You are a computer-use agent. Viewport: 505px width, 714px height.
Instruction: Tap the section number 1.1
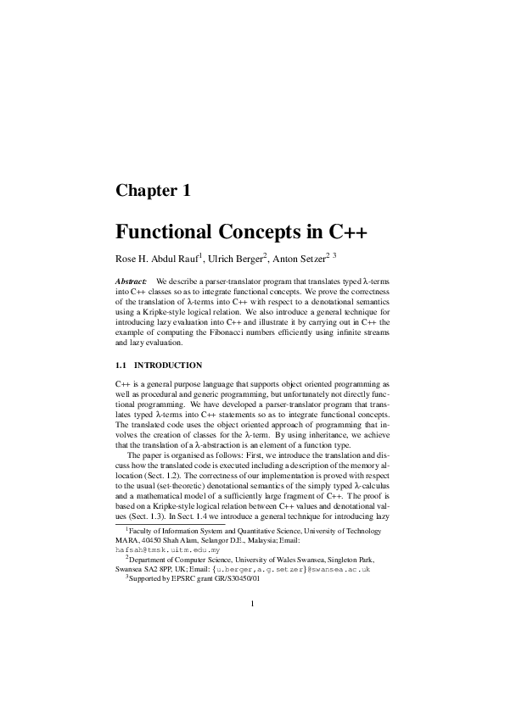(x=122, y=365)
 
